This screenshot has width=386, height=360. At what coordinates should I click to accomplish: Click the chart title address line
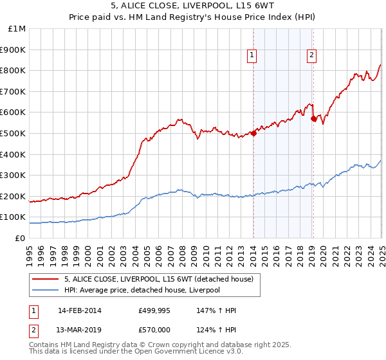click(x=192, y=7)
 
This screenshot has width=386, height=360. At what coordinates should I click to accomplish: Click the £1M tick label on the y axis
click(x=17, y=29)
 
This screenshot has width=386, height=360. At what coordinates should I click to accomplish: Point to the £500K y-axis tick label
click(x=15, y=133)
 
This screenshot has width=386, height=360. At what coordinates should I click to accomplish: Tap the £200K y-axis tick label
click(x=15, y=196)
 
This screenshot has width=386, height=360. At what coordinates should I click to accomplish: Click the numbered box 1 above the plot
click(x=252, y=56)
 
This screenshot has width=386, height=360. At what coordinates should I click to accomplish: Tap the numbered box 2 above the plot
click(x=311, y=56)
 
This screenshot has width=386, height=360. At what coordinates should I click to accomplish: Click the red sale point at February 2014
click(x=253, y=133)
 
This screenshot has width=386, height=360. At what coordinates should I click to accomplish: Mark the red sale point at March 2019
click(x=313, y=118)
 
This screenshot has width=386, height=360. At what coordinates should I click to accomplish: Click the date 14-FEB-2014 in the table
click(x=79, y=310)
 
